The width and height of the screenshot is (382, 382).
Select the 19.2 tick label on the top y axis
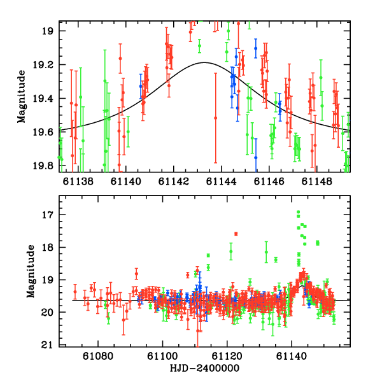(45, 65)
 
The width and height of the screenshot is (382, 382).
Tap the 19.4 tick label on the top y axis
(45, 99)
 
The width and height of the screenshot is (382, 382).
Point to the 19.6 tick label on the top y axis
(45, 132)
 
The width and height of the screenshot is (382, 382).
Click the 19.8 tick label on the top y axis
(45, 166)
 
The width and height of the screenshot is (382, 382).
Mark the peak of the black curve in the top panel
(204, 62)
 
